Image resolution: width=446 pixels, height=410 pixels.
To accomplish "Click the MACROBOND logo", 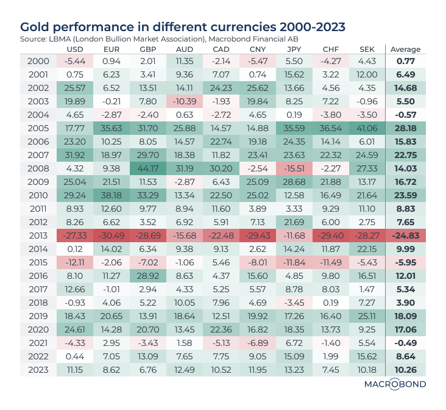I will [x=395, y=384].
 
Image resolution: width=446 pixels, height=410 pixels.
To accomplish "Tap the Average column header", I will [x=406, y=49].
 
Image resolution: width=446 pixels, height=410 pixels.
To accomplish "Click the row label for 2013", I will [x=38, y=235].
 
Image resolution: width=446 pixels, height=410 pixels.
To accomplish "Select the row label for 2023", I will [x=38, y=370].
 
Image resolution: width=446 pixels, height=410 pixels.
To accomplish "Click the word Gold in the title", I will [x=35, y=27].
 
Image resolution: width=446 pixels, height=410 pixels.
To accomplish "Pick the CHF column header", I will [x=331, y=49].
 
